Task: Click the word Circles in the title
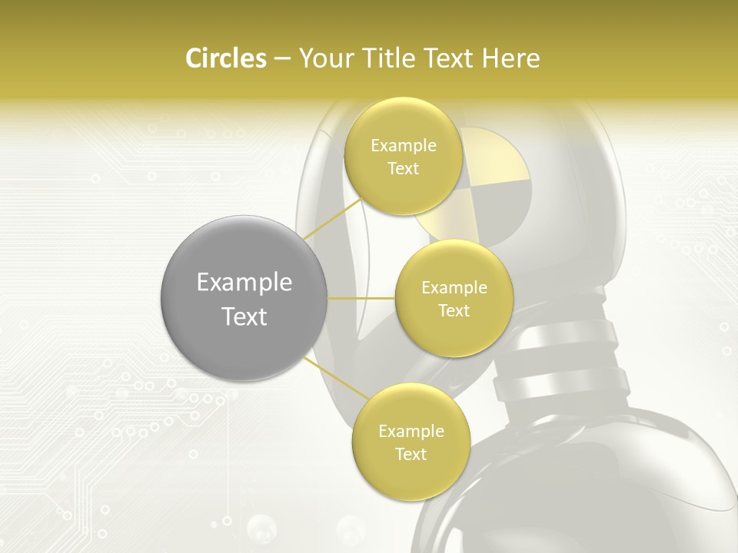coord(225,58)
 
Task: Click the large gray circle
coord(244,297)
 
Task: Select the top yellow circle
coord(403,156)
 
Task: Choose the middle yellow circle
coord(454,298)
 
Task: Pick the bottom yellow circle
coord(411,442)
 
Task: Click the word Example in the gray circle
coord(244,283)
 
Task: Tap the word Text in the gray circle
coord(244,316)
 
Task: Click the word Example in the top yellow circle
coord(403,145)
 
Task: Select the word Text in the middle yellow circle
coord(454,310)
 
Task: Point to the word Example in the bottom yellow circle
coord(411,431)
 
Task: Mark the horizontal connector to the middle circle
coord(361,298)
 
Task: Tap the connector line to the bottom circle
coord(334,377)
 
